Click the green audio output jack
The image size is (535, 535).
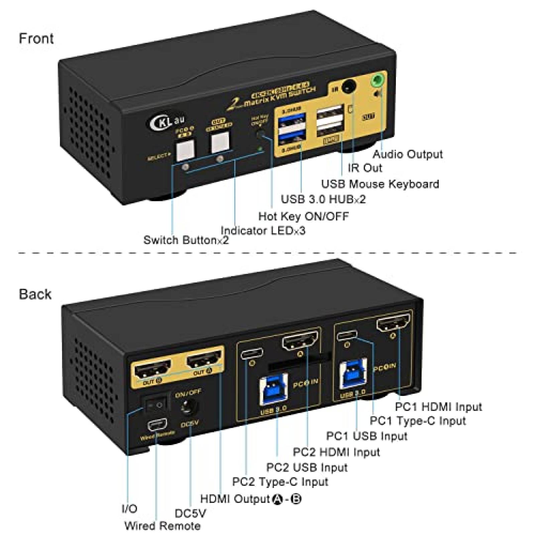(x=378, y=81)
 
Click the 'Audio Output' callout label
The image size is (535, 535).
(x=407, y=154)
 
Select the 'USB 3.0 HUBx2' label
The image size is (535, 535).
(x=323, y=199)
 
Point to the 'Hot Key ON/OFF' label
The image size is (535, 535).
(x=303, y=216)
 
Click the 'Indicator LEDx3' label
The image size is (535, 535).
(x=263, y=231)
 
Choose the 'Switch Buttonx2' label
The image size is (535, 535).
(x=186, y=240)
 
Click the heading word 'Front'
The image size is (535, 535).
(x=36, y=38)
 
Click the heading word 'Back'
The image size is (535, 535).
(x=35, y=294)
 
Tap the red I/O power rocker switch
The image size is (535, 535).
(x=155, y=405)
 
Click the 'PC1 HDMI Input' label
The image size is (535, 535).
(x=438, y=407)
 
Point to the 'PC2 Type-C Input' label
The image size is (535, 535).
(x=280, y=482)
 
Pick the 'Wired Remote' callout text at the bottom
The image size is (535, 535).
(x=163, y=526)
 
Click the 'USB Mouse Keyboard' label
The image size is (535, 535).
(x=380, y=184)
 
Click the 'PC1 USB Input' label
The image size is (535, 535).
(x=366, y=436)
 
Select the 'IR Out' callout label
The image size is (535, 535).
(x=364, y=168)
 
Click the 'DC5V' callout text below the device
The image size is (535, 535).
(x=190, y=513)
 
